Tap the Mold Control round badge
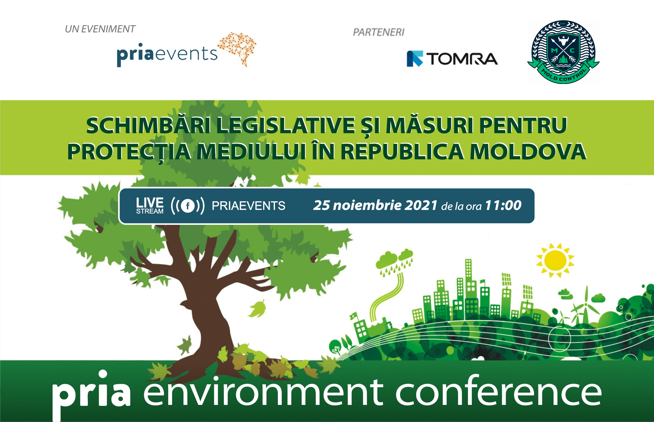563,52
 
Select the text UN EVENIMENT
100,29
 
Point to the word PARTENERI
378,32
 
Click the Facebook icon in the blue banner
188,206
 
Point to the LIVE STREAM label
150,206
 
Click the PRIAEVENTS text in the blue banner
248,206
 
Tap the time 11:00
503,205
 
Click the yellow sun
555,260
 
